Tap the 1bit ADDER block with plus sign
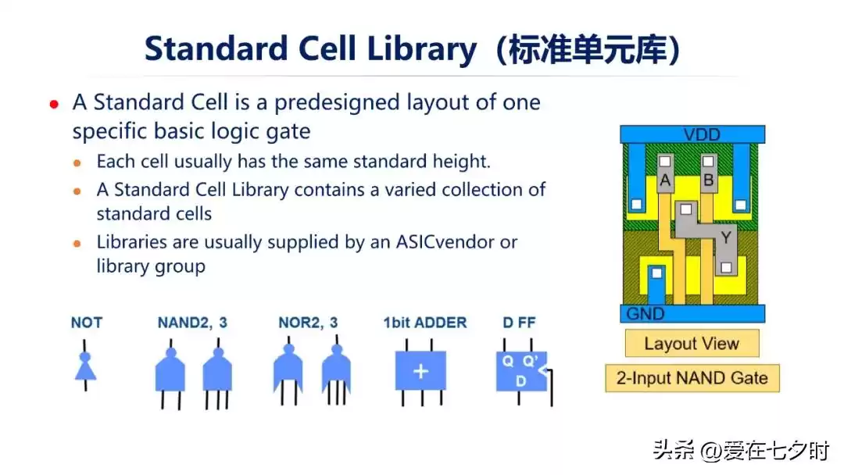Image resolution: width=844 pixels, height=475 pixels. pyautogui.click(x=420, y=370)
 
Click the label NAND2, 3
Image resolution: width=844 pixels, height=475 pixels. pyautogui.click(x=192, y=323)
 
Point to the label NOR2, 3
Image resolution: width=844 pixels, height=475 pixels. pyautogui.click(x=308, y=323)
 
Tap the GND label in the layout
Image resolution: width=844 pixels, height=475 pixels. pyautogui.click(x=646, y=314)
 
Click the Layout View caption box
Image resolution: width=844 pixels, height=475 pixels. pyautogui.click(x=691, y=344)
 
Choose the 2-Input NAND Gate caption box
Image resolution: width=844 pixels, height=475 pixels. pyautogui.click(x=692, y=378)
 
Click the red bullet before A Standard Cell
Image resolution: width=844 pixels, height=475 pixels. pyautogui.click(x=54, y=104)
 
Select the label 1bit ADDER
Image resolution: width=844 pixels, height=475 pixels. pyautogui.click(x=424, y=323)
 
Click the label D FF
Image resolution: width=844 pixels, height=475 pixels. pyautogui.click(x=520, y=323)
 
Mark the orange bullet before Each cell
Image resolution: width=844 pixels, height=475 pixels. pyautogui.click(x=77, y=163)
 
